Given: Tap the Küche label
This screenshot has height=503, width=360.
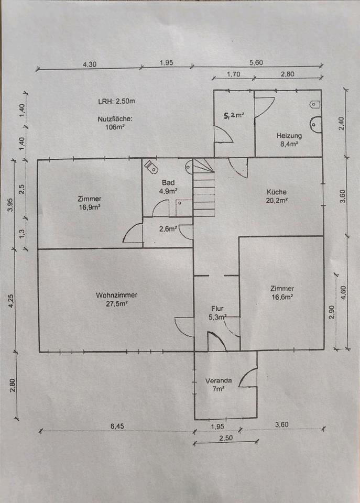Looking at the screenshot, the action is [276, 191].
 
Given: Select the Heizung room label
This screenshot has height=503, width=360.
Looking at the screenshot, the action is [288, 136].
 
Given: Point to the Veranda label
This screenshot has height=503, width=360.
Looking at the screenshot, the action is [215, 381].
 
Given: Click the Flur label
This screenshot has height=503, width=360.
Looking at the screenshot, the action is [217, 309].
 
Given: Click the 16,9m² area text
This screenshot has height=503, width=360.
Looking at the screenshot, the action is [89, 207].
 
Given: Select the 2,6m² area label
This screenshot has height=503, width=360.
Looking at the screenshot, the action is [168, 228].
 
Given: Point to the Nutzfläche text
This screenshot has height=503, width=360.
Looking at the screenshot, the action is [113, 118].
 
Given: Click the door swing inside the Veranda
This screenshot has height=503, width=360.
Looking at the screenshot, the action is [249, 378].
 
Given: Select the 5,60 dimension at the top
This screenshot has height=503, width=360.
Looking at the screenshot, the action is [256, 63].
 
